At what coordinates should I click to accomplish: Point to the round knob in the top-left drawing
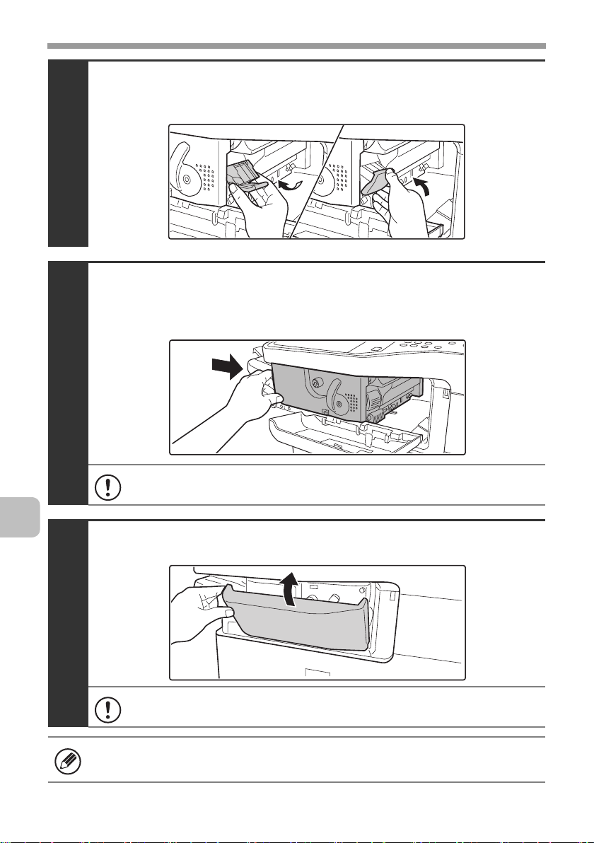click(x=185, y=179)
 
